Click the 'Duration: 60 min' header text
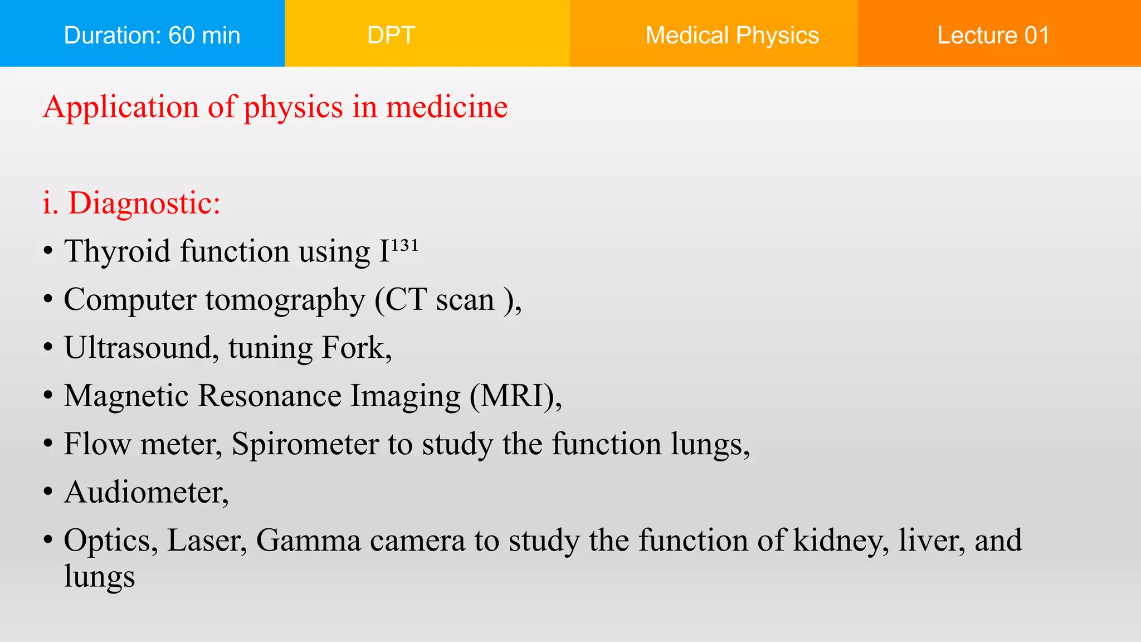(x=152, y=35)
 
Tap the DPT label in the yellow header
(x=391, y=35)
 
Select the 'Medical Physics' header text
(x=732, y=35)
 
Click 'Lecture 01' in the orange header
(x=993, y=35)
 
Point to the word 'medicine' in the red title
(x=447, y=106)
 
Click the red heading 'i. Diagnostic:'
(x=131, y=203)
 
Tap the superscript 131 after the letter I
(x=404, y=245)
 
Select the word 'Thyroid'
(x=117, y=251)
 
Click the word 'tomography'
(x=285, y=300)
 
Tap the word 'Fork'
(x=353, y=348)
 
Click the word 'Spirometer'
(x=305, y=445)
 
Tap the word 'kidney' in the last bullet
(x=840, y=541)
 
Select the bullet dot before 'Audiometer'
(x=48, y=493)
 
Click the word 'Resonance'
(x=269, y=396)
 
